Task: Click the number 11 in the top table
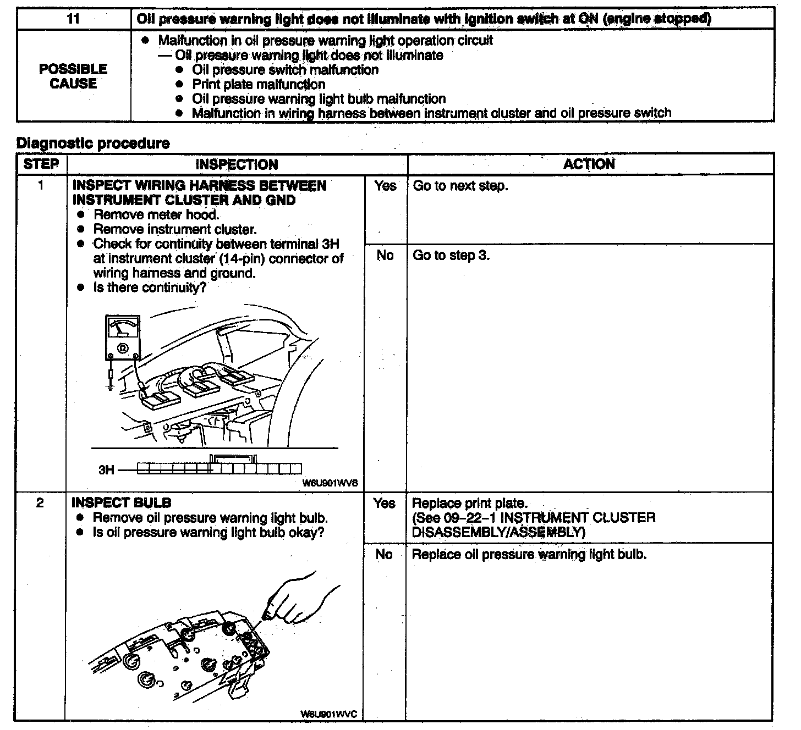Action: (x=73, y=19)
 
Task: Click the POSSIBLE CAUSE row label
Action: (x=73, y=76)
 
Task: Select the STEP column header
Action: (x=41, y=164)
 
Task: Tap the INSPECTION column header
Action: (x=237, y=164)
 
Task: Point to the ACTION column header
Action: (x=589, y=164)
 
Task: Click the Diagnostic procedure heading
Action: (x=93, y=143)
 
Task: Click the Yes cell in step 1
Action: (x=385, y=186)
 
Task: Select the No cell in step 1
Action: (x=385, y=255)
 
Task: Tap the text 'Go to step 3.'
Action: (x=451, y=255)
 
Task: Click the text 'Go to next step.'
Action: (x=460, y=186)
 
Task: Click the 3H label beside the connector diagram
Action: (x=106, y=469)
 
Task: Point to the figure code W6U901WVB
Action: (x=330, y=483)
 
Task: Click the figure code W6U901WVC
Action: (x=329, y=714)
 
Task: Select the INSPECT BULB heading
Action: (x=122, y=502)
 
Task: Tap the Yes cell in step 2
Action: (x=384, y=503)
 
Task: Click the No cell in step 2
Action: (x=384, y=554)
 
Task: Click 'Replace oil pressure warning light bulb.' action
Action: (x=529, y=554)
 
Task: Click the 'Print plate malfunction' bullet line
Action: (x=258, y=84)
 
